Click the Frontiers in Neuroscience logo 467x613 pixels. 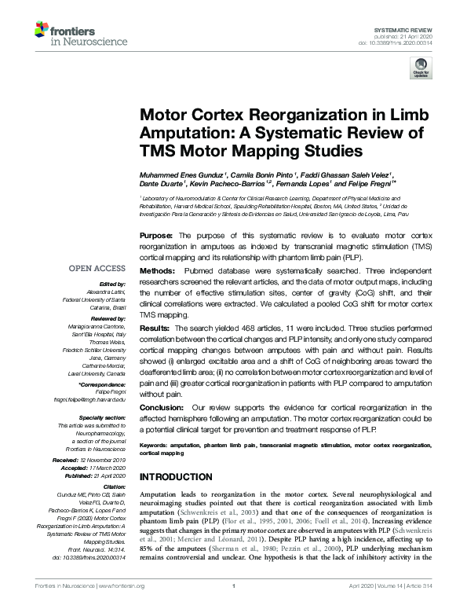[x=71, y=34]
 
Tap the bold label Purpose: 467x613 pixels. [x=157, y=235]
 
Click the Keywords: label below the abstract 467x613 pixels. [x=153, y=445]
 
